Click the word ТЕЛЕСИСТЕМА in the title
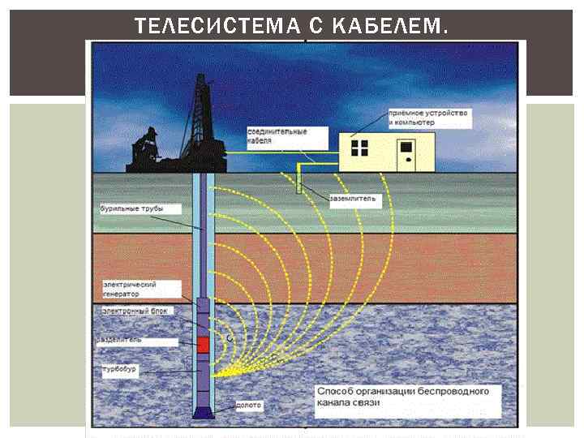click(x=207, y=26)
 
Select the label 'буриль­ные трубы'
click(x=131, y=208)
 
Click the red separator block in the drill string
click(x=204, y=344)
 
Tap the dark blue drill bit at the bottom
click(x=204, y=411)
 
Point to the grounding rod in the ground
click(x=299, y=180)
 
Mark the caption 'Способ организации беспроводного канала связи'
click(x=403, y=397)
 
